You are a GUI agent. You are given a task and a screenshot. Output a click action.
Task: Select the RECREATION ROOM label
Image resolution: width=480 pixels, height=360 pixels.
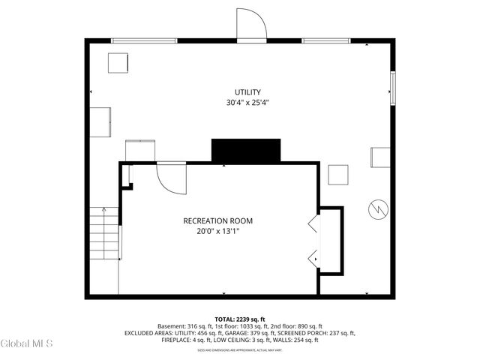(217, 220)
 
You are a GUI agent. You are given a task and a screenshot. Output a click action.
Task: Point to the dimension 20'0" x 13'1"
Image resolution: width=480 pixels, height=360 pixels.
(217, 231)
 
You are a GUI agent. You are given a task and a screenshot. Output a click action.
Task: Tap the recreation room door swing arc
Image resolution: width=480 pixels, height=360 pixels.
(172, 178)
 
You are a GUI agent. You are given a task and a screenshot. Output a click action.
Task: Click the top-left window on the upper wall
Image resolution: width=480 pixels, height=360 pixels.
(143, 40)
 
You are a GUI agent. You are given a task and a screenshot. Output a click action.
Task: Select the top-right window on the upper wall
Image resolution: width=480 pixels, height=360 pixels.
(326, 40)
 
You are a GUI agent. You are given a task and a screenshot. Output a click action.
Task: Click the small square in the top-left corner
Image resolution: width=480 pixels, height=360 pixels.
(118, 63)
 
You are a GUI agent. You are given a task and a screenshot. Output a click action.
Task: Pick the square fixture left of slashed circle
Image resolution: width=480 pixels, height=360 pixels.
(338, 175)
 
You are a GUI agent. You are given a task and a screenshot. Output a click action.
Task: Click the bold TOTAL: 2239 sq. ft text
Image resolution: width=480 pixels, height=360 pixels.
(240, 319)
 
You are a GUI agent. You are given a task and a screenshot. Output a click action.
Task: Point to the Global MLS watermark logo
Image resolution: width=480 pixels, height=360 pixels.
(27, 343)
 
